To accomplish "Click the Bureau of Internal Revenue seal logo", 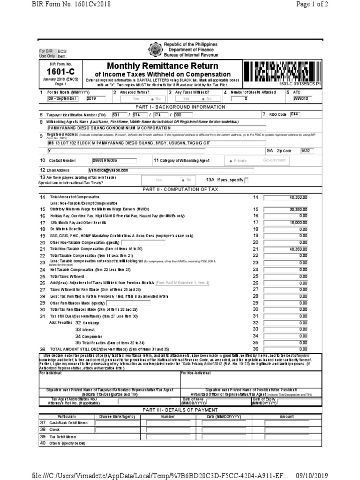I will [x=155, y=50].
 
